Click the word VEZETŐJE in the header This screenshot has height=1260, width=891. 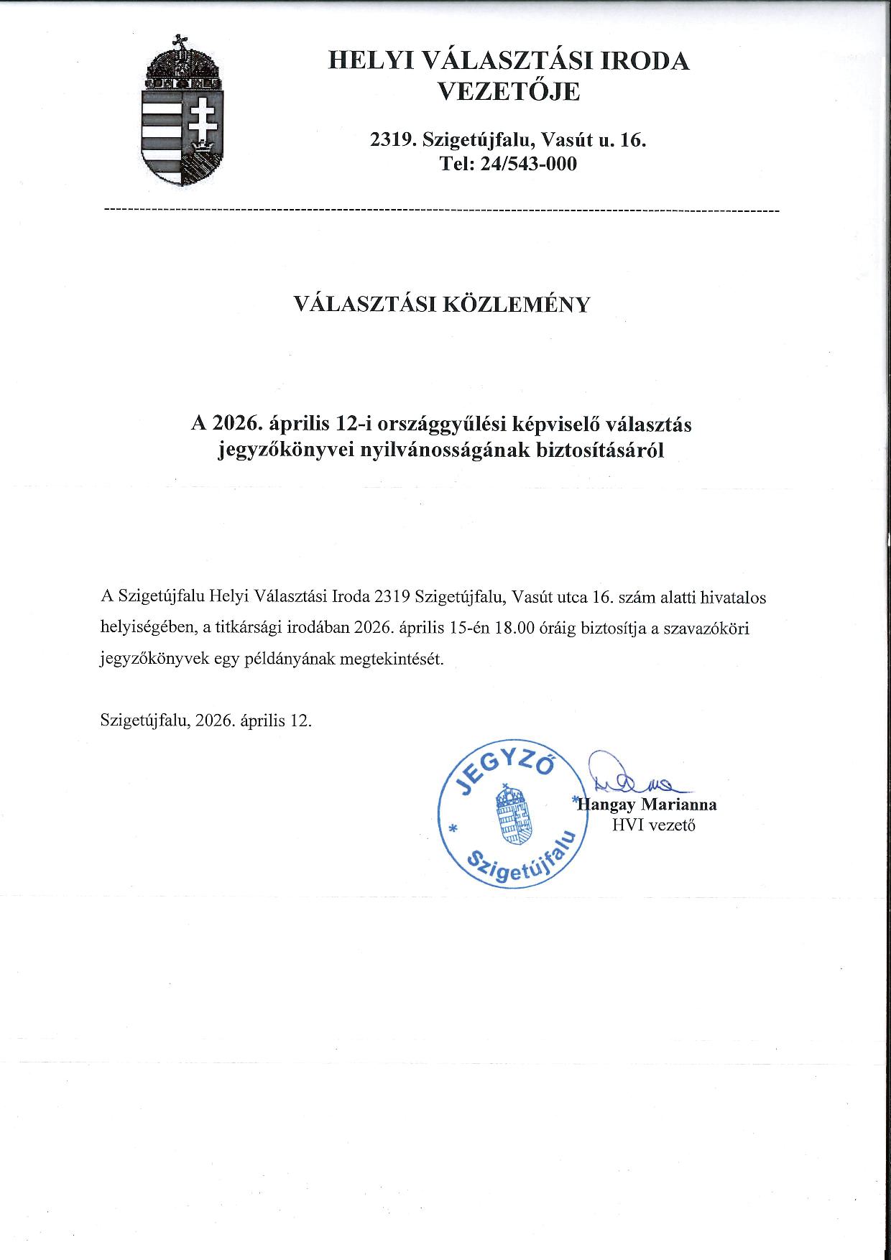pyautogui.click(x=509, y=93)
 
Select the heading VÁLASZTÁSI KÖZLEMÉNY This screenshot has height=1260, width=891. pyautogui.click(x=442, y=305)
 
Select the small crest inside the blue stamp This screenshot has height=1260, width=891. pyautogui.click(x=512, y=816)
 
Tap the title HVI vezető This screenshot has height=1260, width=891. pyautogui.click(x=653, y=825)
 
